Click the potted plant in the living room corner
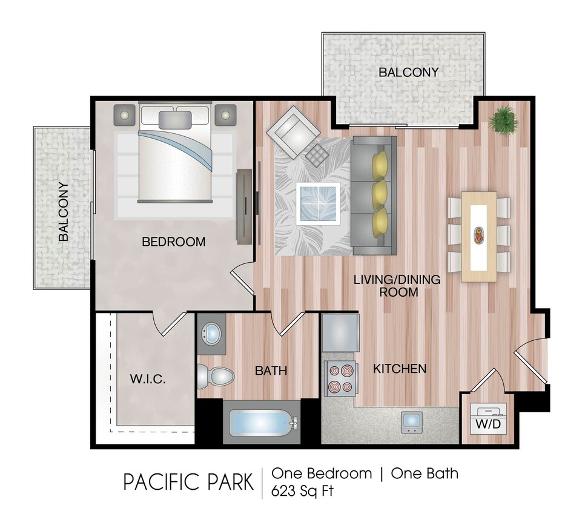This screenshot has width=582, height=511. tap(503, 119)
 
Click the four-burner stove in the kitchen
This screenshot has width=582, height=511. tap(340, 378)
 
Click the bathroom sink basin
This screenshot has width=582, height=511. tap(211, 334)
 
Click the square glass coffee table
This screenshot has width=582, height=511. tap(317, 203)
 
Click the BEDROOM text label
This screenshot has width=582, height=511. tap(173, 242)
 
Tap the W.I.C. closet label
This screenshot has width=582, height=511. tap(148, 380)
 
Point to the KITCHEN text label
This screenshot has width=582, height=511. tap(399, 369)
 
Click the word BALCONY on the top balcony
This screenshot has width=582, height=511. tap(408, 72)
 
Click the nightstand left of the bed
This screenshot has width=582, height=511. tap(125, 114)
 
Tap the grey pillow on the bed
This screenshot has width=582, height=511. tap(175, 119)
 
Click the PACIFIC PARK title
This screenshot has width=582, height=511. tap(188, 483)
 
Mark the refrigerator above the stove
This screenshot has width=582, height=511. tap(340, 333)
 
